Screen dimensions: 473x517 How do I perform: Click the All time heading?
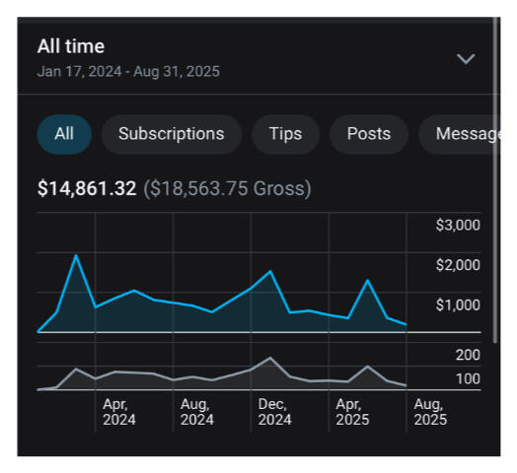[71, 46]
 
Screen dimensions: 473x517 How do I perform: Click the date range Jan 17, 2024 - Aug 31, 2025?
[128, 71]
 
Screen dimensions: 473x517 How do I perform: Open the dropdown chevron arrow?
[466, 59]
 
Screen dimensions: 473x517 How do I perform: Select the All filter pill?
[64, 134]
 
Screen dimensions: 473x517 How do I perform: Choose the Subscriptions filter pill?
[171, 134]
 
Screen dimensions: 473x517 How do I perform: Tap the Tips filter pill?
[285, 134]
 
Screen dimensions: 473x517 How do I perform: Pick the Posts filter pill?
[368, 134]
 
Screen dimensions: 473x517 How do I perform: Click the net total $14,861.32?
[87, 188]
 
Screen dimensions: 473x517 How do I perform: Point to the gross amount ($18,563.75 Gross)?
[228, 188]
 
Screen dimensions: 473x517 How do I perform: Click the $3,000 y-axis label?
[457, 225]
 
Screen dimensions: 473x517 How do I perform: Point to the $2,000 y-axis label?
[457, 264]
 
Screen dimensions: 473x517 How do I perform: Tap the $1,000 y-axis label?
[457, 304]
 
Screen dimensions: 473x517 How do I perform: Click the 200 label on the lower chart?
[468, 355]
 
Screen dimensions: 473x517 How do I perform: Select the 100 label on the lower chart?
[468, 380]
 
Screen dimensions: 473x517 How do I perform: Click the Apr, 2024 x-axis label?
[119, 411]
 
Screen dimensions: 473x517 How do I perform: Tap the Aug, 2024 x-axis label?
[197, 411]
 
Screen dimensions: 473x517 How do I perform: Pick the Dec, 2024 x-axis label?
[274, 411]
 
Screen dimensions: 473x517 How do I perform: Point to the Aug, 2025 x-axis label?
[429, 411]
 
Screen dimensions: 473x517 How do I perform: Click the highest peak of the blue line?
[76, 255]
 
